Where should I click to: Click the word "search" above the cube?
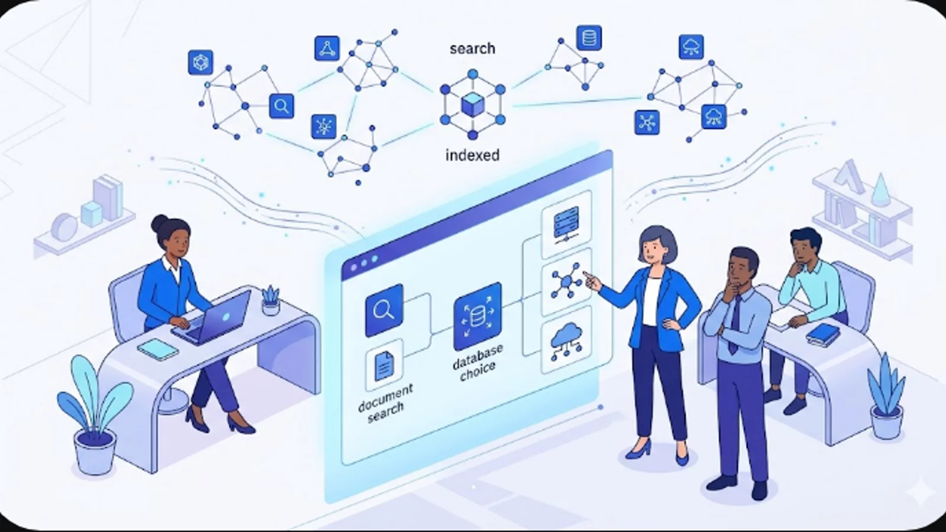[472, 48]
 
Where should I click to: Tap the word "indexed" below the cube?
[472, 155]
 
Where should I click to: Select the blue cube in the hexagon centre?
[472, 104]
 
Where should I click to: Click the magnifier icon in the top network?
[281, 106]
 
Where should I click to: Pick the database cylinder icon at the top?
[589, 38]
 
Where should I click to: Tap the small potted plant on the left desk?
[271, 301]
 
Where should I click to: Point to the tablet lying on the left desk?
[157, 349]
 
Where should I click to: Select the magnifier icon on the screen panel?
[384, 310]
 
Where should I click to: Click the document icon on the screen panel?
[384, 366]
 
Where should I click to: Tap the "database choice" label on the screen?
[478, 363]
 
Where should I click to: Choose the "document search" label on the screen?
[385, 403]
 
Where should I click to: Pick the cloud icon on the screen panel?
[566, 340]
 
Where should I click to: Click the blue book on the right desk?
[822, 335]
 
